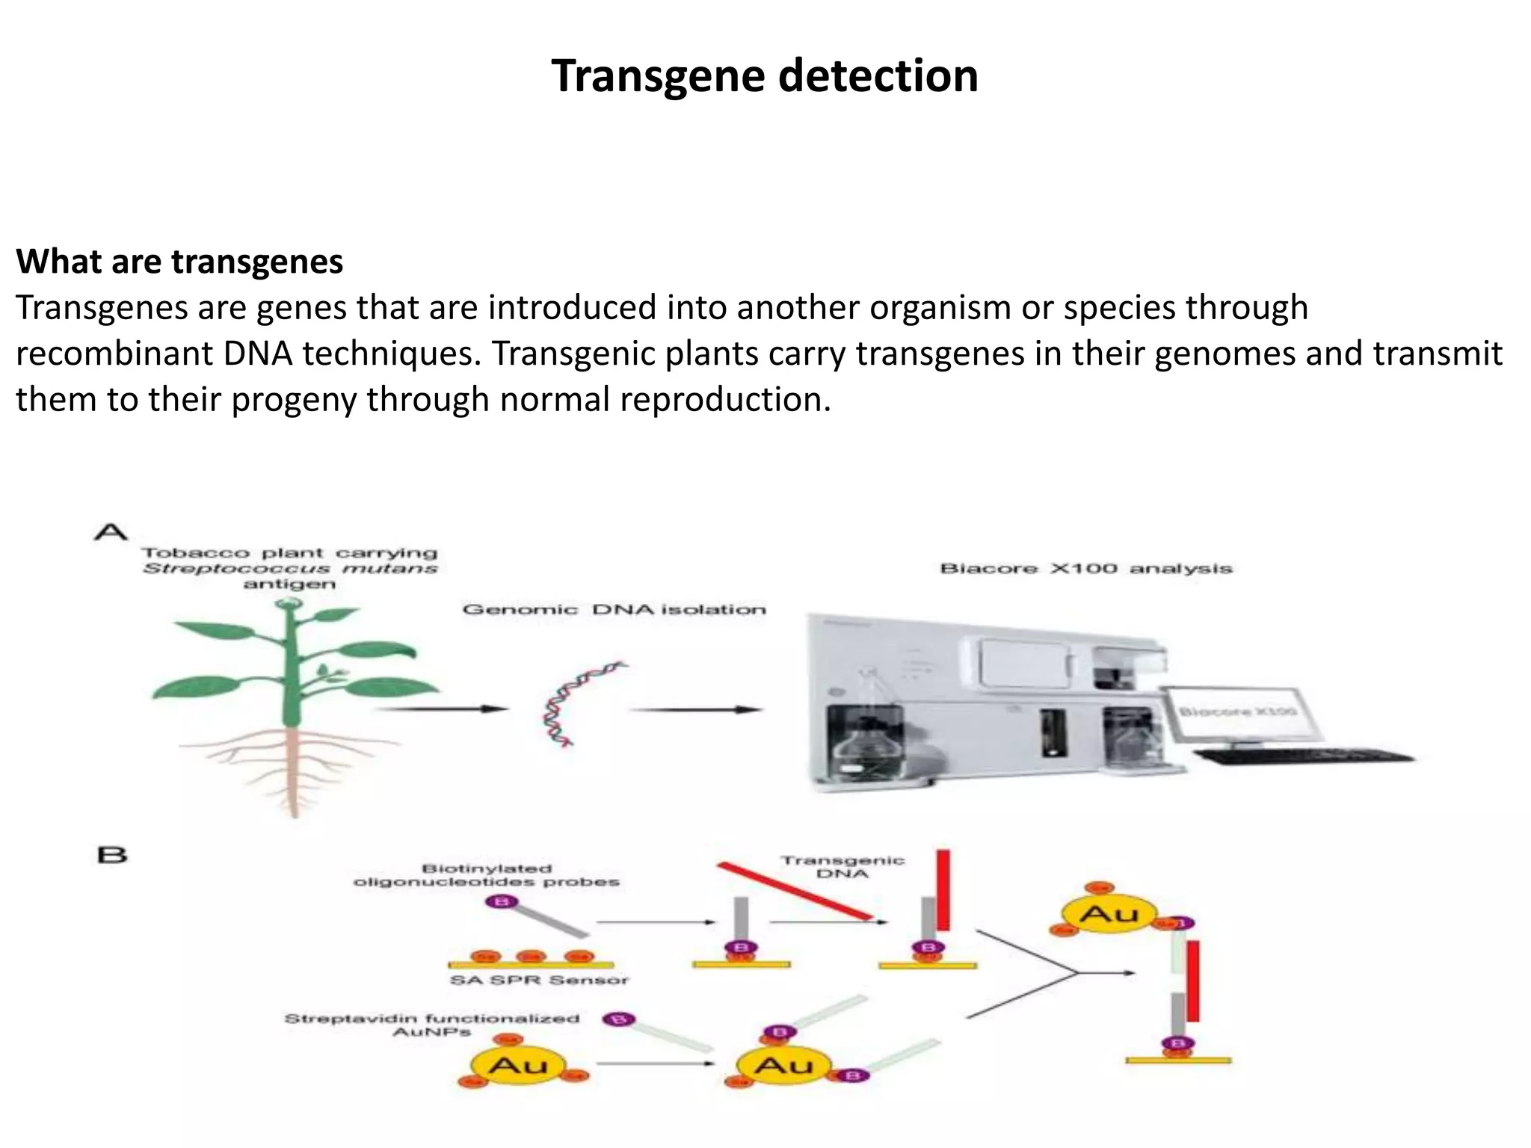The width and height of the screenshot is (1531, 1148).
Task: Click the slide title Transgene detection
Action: point(764,76)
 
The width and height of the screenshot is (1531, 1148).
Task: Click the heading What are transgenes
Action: point(179,262)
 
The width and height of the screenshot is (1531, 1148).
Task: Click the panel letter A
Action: point(111,532)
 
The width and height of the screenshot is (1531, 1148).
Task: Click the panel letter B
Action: point(112,854)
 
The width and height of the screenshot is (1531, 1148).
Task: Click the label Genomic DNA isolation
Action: point(614,610)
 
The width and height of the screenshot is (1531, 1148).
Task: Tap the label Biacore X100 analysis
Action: point(1085,569)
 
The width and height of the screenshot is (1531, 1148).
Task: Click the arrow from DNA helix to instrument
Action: point(695,709)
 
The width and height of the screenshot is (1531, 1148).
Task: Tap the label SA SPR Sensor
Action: point(539,980)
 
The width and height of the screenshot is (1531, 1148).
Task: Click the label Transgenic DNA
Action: point(842,867)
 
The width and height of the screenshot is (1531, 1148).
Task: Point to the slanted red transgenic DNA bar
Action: point(795,891)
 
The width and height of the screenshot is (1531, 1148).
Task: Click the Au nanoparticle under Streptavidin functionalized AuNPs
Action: point(517,1066)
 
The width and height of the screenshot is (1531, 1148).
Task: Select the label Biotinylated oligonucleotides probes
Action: point(487,875)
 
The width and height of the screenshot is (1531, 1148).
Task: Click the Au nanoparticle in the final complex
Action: point(1109,913)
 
